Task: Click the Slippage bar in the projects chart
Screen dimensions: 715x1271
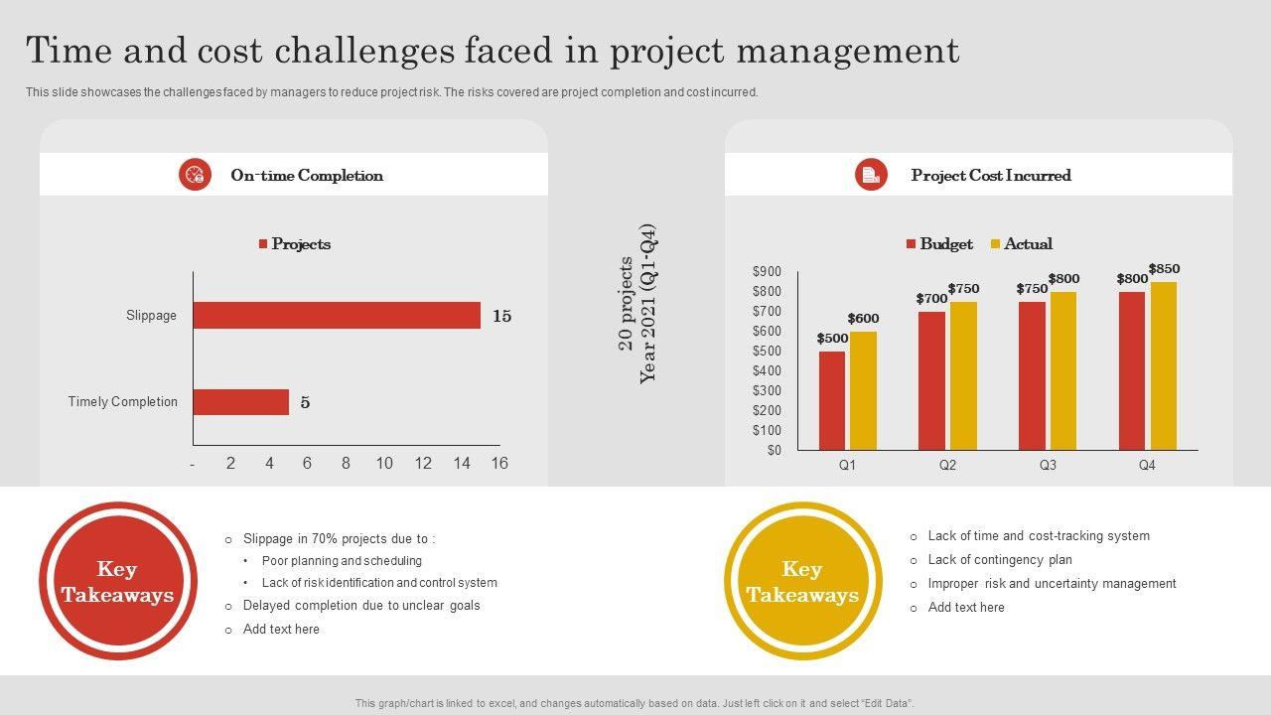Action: [x=337, y=316]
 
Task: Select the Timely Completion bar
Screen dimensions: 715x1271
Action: [x=241, y=402]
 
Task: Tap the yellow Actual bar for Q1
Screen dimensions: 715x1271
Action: [x=863, y=390]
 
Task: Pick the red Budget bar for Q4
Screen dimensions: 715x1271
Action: [x=1132, y=370]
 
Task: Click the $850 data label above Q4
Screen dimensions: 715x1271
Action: [x=1164, y=269]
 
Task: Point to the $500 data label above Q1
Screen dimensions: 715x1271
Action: [x=832, y=339]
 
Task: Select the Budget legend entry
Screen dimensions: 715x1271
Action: [x=939, y=244]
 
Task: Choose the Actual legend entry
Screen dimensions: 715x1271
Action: [x=1021, y=244]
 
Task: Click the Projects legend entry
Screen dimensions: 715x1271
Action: [x=295, y=244]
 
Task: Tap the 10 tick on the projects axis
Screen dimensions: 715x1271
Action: [x=384, y=464]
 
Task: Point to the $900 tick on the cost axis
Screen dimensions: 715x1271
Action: [x=767, y=272]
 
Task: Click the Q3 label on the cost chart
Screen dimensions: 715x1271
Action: [x=1048, y=465]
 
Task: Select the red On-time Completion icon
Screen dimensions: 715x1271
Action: [x=196, y=175]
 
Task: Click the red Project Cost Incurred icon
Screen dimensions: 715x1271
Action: [x=871, y=175]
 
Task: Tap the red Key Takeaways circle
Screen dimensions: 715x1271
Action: [x=118, y=581]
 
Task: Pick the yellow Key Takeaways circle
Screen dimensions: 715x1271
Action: [x=802, y=581]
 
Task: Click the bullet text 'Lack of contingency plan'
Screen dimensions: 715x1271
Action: [x=999, y=560]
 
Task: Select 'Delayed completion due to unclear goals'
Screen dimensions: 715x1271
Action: [x=361, y=606]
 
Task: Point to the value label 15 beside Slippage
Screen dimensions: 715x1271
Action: [x=501, y=317]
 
